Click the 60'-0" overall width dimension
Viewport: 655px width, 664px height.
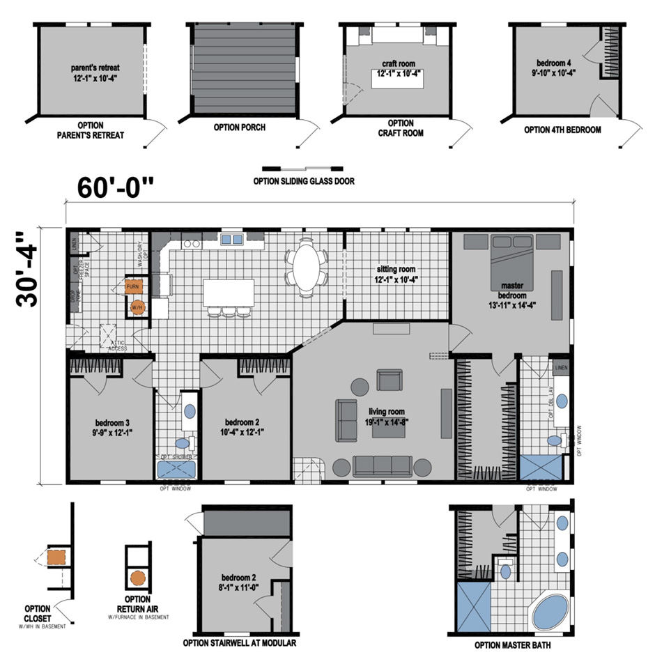click(x=116, y=187)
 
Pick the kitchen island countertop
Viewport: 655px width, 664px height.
click(x=229, y=292)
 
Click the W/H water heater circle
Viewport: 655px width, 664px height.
click(x=137, y=307)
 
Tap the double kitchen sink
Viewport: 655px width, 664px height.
click(x=232, y=240)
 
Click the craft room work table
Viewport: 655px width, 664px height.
click(x=398, y=78)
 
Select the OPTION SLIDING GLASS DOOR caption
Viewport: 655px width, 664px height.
click(x=304, y=182)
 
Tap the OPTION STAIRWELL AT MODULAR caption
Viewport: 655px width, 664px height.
click(x=239, y=643)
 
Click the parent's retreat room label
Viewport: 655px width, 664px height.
click(x=95, y=68)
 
